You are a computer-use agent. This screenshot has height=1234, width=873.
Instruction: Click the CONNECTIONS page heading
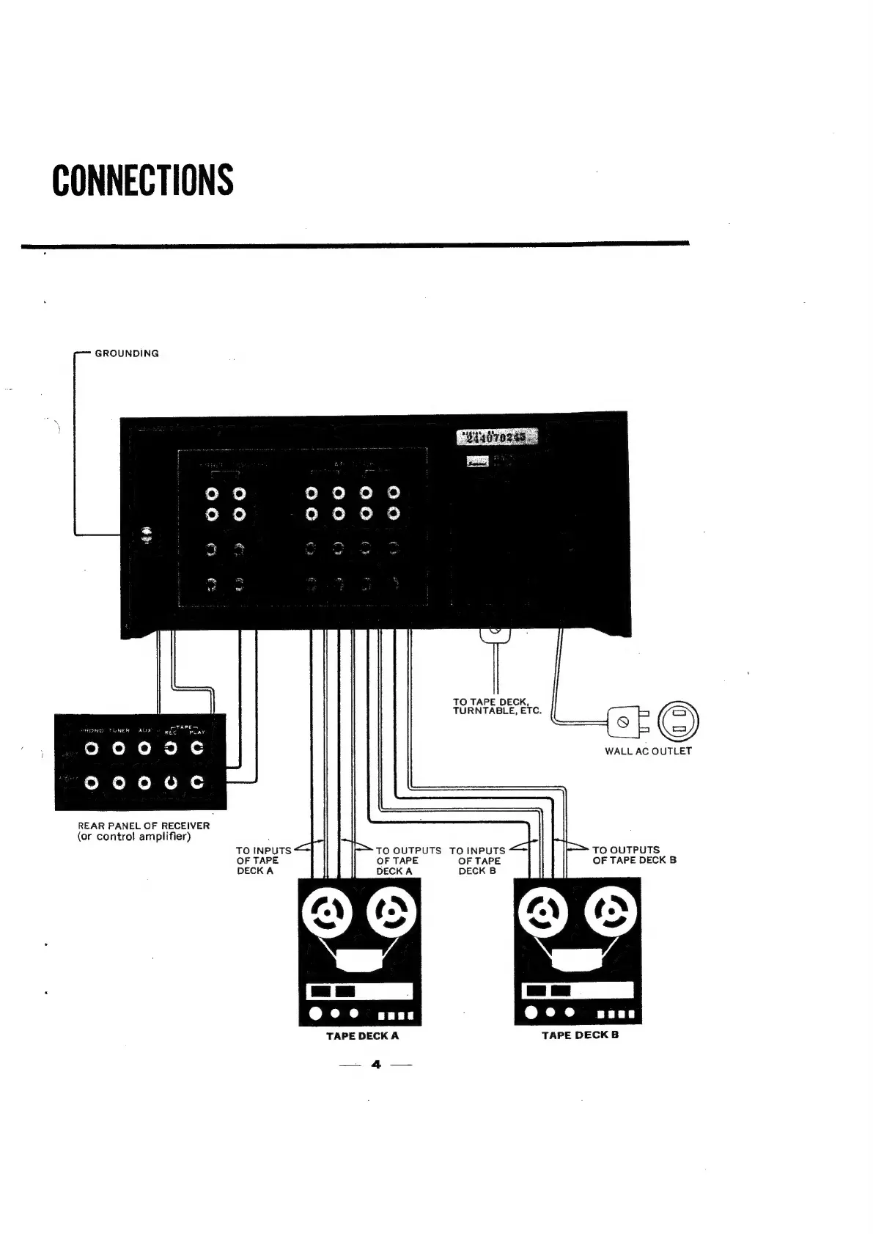(143, 180)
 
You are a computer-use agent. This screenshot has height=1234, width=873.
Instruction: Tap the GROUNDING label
(127, 353)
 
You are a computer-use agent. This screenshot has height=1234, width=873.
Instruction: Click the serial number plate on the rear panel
(497, 438)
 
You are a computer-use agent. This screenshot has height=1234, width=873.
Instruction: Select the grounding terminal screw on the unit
(147, 535)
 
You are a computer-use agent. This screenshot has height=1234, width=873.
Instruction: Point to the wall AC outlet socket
(679, 720)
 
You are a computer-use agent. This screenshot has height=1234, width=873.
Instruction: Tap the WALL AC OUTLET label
(648, 751)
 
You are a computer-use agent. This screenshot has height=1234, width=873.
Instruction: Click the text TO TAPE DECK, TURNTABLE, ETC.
(496, 706)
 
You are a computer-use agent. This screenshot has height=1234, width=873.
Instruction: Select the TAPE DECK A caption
(362, 1036)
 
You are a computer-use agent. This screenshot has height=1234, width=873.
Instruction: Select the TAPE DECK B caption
(580, 1035)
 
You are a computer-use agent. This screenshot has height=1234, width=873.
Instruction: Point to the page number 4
(377, 1065)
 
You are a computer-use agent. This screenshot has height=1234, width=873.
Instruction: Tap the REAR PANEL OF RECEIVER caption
(144, 826)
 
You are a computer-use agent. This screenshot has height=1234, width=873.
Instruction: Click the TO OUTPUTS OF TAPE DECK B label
(633, 855)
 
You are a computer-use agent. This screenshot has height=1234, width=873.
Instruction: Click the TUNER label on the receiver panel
(119, 730)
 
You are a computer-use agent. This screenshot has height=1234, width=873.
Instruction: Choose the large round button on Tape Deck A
(315, 1015)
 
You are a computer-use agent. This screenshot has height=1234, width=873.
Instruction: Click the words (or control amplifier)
(134, 837)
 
